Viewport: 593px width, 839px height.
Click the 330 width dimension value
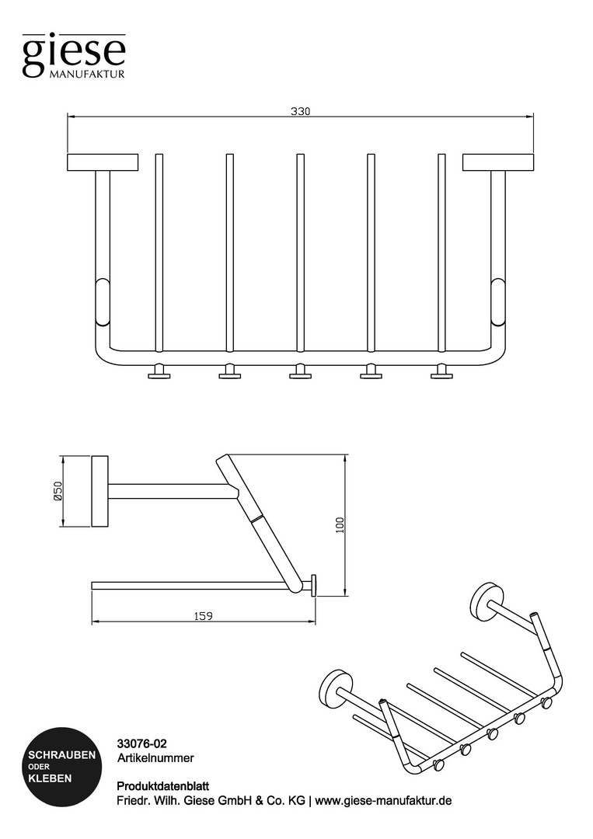pos(300,111)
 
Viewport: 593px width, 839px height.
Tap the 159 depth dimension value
pos(203,616)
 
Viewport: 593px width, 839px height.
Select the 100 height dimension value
pos(340,525)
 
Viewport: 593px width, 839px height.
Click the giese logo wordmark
pos(74,54)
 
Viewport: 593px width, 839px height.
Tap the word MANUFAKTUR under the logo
pos(87,74)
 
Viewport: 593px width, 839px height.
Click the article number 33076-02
pos(141,743)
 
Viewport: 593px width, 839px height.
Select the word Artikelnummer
pos(155,757)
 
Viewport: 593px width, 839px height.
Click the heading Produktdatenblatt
pos(162,786)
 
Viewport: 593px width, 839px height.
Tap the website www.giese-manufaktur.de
pos(383,801)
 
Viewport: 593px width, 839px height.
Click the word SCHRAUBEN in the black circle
pos(62,755)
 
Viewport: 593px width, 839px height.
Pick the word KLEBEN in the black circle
pos(50,778)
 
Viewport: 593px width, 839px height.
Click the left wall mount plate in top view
pos(103,162)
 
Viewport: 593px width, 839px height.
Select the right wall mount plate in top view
pos(498,162)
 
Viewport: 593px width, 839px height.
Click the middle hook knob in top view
pos(300,372)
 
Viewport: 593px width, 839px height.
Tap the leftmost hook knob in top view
pos(159,372)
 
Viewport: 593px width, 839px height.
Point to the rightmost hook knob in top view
pos(441,372)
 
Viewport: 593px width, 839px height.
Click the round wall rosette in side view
pos(100,491)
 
